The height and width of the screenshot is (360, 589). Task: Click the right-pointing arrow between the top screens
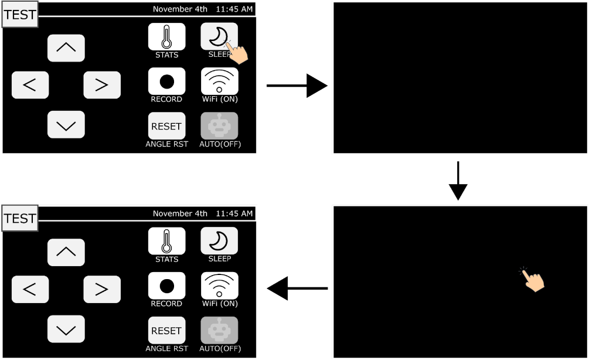(x=297, y=86)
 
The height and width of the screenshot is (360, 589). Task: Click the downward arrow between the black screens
(x=458, y=181)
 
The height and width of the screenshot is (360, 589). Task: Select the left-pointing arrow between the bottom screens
(x=297, y=288)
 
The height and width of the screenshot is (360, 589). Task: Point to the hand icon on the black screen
(x=533, y=280)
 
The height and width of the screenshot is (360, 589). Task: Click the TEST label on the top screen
(x=20, y=15)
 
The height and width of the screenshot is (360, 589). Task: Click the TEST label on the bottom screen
(x=20, y=218)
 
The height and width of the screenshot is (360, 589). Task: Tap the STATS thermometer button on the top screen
(x=166, y=36)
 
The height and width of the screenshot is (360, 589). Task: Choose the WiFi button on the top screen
(x=219, y=81)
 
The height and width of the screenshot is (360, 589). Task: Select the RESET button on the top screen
(x=166, y=126)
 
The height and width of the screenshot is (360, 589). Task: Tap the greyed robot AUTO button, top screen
(x=219, y=126)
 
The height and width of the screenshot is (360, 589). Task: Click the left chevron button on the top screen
(x=30, y=85)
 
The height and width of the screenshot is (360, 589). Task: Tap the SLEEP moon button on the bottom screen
(x=219, y=240)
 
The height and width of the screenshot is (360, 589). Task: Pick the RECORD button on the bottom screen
(x=166, y=286)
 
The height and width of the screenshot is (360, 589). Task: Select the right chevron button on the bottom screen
(x=101, y=288)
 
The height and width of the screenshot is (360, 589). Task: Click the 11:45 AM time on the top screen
(x=234, y=9)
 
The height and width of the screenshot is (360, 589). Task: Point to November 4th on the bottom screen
(x=180, y=213)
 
